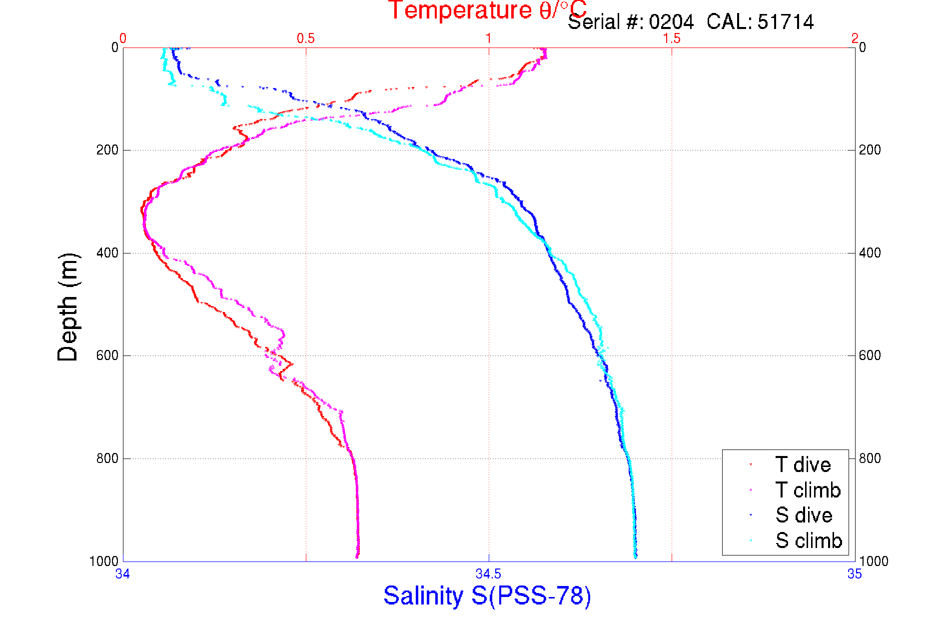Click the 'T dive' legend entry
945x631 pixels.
click(803, 465)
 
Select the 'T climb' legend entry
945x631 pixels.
click(808, 490)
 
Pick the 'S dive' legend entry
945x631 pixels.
click(804, 515)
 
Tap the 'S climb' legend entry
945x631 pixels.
click(809, 540)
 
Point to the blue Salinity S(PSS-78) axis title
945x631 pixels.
click(487, 595)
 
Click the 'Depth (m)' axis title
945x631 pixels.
click(68, 307)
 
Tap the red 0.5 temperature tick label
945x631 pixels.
click(306, 38)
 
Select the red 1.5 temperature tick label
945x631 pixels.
click(672, 38)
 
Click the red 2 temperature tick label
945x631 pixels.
click(855, 38)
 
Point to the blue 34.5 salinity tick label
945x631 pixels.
click(488, 574)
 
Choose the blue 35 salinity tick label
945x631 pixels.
click(855, 574)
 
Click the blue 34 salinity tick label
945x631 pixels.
click(123, 574)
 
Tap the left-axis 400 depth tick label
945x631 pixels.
click(107, 253)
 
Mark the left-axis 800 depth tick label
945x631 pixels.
click(107, 458)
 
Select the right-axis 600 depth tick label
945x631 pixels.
click(870, 355)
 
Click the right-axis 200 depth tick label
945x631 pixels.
click(870, 150)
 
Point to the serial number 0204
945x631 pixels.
click(671, 22)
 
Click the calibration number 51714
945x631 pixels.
click(786, 22)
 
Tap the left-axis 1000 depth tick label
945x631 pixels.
click(104, 561)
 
